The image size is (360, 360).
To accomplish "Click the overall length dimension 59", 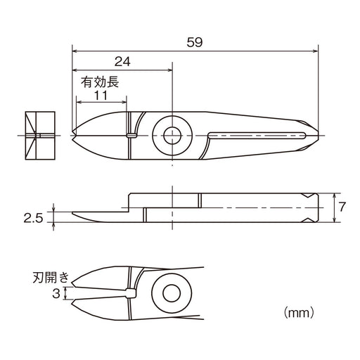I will [195, 42].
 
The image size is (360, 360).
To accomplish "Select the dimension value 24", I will [123, 61].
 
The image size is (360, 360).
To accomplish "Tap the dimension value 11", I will [101, 94].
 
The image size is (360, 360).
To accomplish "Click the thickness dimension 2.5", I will [33, 219].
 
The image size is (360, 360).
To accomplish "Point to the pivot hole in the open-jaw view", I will [169, 292].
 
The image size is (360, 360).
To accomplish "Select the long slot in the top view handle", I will [257, 134].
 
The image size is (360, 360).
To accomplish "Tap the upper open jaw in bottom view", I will [98, 281].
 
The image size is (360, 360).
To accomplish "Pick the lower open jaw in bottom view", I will [98, 305].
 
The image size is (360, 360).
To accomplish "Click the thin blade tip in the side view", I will [77, 217].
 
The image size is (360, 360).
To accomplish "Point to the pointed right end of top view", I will [316, 134].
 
